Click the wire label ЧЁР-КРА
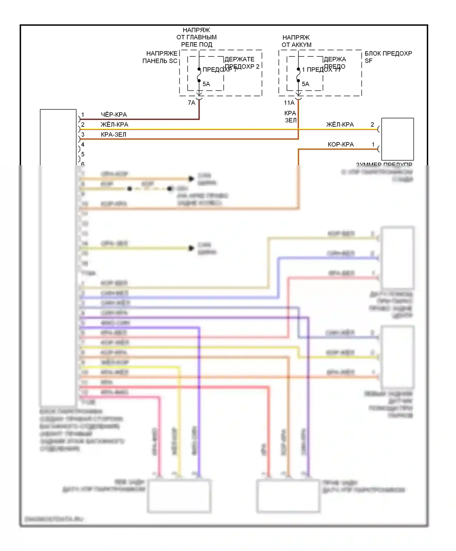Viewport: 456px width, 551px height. click(x=114, y=115)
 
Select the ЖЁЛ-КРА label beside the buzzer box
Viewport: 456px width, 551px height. click(x=340, y=125)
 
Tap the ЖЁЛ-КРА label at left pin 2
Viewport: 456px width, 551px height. click(x=114, y=125)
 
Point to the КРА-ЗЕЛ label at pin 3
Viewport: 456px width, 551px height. click(x=113, y=135)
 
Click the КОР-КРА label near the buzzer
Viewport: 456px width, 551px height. click(x=340, y=145)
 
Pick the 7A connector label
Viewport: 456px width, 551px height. click(x=192, y=103)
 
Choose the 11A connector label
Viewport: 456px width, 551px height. click(x=289, y=103)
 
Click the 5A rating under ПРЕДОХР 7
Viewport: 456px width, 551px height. click(x=206, y=84)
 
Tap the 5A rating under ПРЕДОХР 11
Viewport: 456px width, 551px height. click(x=306, y=84)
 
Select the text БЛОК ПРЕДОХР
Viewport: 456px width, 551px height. click(x=388, y=53)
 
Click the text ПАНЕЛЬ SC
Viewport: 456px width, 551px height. click(x=160, y=61)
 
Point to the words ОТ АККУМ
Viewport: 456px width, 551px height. click(x=296, y=45)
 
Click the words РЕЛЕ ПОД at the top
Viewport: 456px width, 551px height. click(x=197, y=45)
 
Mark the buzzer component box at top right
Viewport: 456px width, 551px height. click(x=397, y=139)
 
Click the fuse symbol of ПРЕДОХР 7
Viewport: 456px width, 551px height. click(x=199, y=75)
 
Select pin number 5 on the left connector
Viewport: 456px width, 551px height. click(x=83, y=155)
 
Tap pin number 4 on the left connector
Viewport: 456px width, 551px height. click(x=83, y=145)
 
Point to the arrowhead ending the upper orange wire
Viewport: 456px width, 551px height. click(x=191, y=179)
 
